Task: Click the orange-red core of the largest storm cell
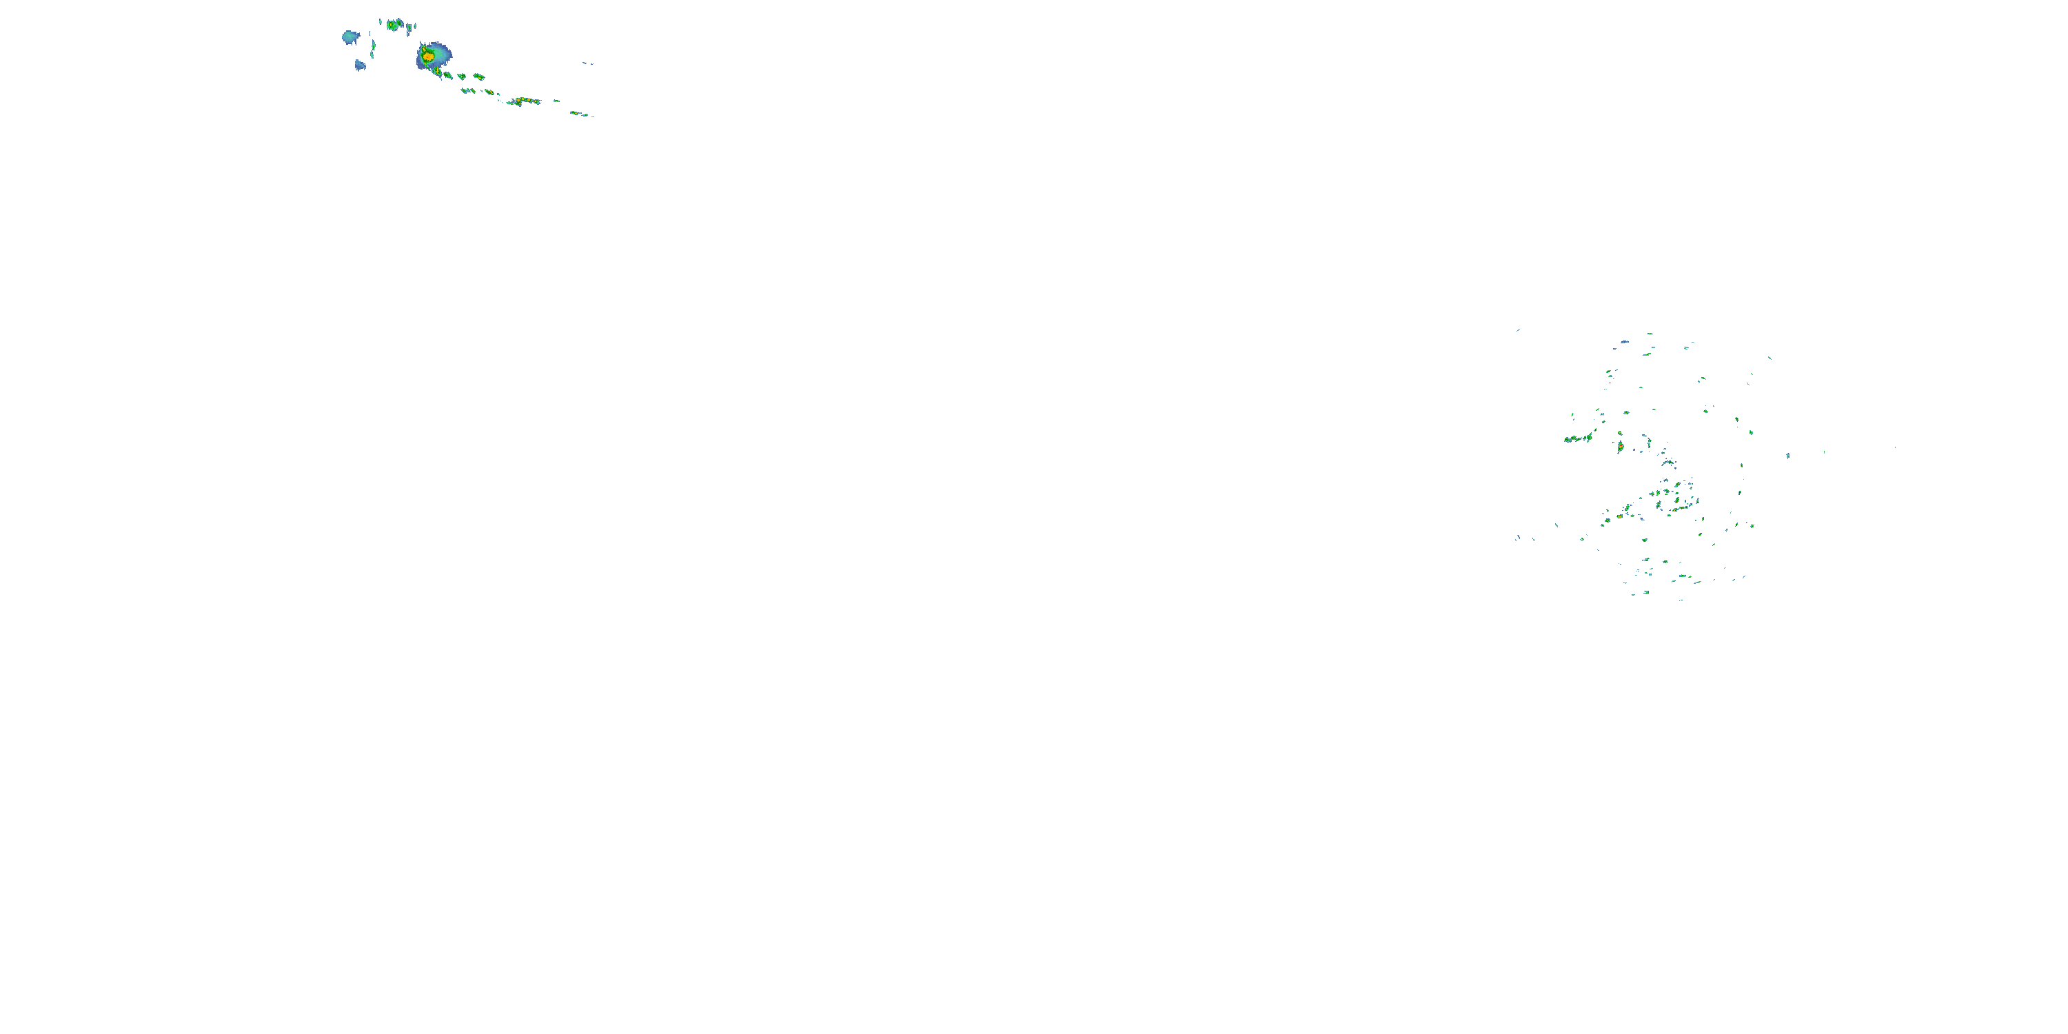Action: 429,57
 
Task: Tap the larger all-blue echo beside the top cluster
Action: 350,37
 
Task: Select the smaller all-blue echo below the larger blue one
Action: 360,65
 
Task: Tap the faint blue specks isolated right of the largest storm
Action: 587,63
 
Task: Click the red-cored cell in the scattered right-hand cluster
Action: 1620,445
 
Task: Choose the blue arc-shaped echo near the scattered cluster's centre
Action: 1667,463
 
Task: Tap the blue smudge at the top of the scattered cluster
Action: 1625,342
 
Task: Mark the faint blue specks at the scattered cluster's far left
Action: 1518,537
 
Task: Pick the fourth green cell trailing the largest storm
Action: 478,77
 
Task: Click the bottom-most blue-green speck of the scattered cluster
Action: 1681,600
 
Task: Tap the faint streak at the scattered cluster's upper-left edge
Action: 1518,330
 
